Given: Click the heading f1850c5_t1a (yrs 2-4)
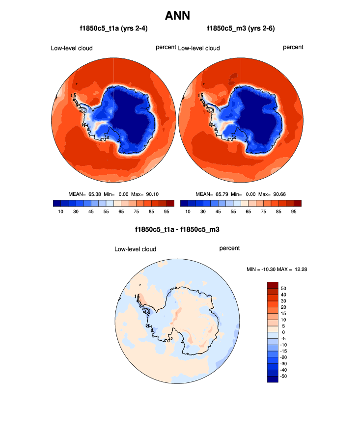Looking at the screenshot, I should click(x=114, y=29).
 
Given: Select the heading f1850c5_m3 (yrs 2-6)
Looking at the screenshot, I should click(x=241, y=29).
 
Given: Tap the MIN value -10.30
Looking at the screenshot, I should click(x=268, y=269).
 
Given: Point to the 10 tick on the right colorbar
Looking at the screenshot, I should click(x=188, y=212).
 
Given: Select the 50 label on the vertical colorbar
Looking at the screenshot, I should click(x=283, y=288).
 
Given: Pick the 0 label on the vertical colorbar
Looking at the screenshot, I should click(x=283, y=332).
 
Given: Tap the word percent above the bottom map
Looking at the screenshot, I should click(x=229, y=248).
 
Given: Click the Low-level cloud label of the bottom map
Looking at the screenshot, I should click(x=135, y=249).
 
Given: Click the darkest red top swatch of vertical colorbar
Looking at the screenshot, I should click(x=273, y=285).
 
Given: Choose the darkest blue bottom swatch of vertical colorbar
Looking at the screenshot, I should click(x=273, y=379).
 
